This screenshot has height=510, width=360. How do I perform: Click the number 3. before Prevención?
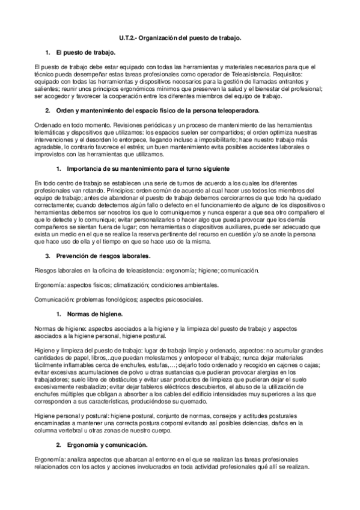pyautogui.click(x=47, y=256)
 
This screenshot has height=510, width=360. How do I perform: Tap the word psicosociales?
pyautogui.click(x=184, y=299)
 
